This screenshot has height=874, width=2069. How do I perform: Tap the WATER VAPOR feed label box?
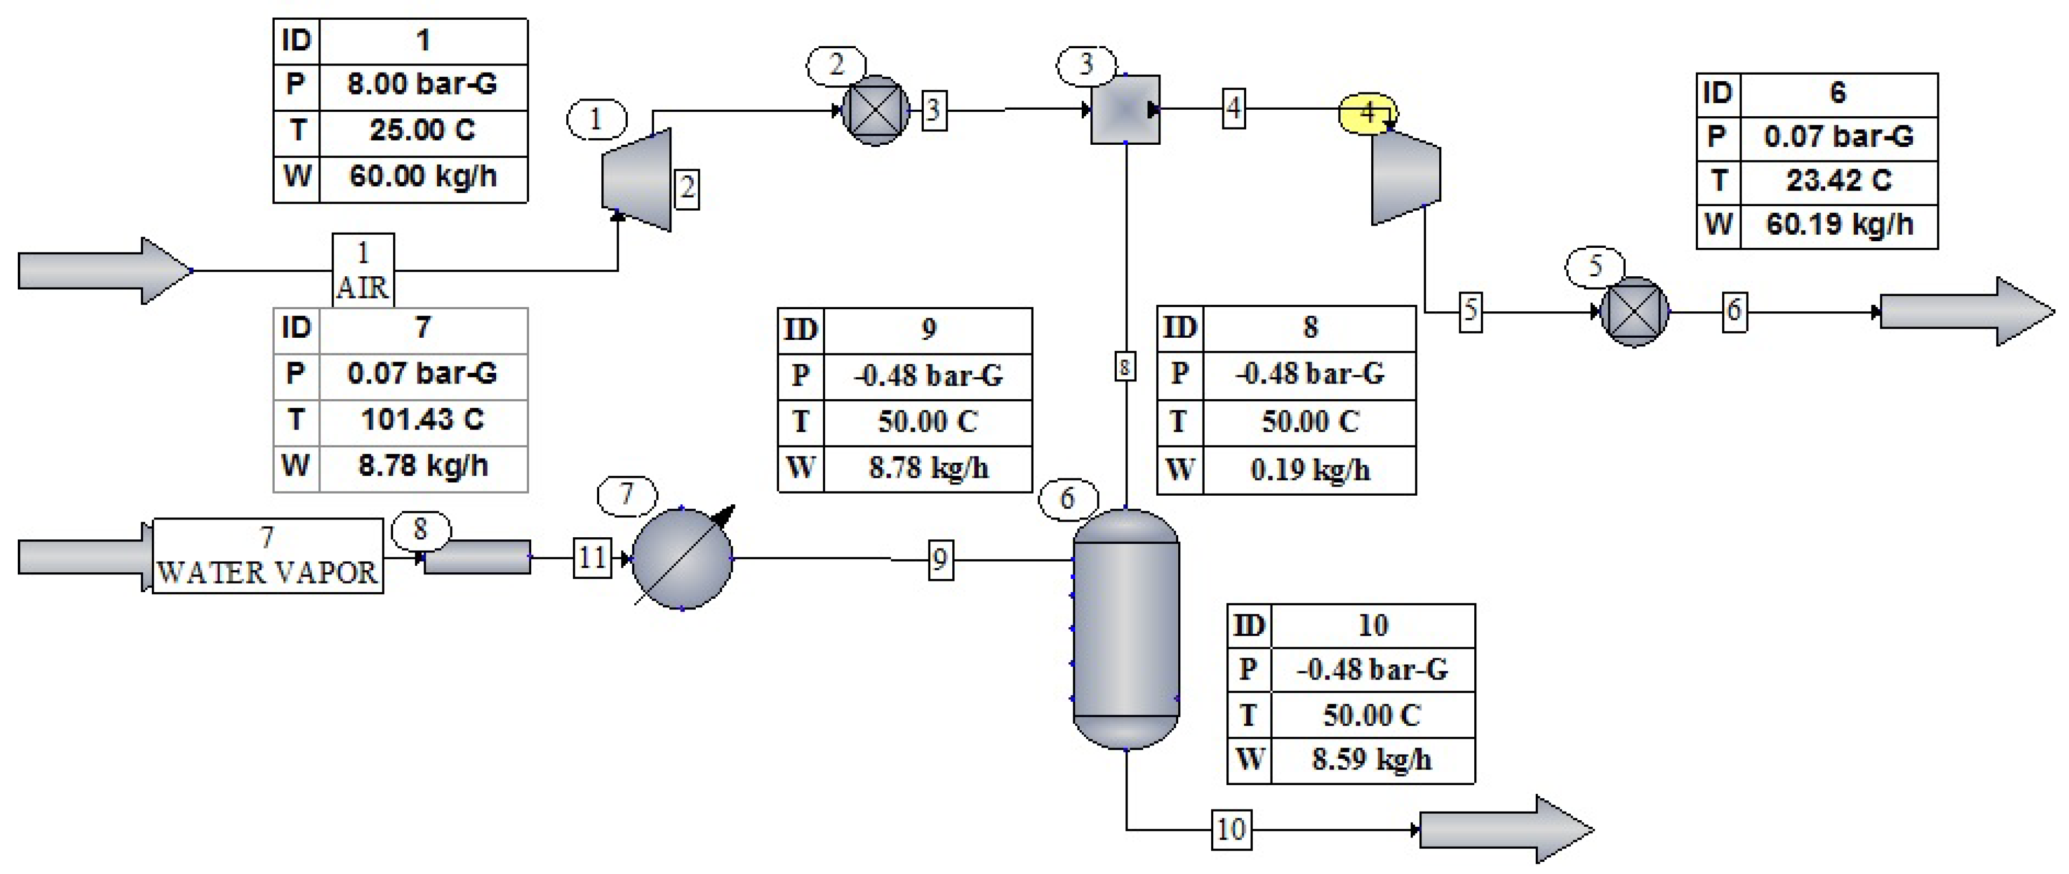coord(268,556)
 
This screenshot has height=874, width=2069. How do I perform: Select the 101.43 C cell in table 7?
coord(423,419)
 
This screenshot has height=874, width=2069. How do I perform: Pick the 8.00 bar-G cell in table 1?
coord(423,84)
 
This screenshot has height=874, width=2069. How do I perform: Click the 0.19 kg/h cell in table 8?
coord(1309,470)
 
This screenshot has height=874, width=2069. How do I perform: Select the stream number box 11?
coord(592,558)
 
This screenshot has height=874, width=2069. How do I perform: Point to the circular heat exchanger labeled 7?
coord(682,558)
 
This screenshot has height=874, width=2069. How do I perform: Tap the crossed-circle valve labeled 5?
coord(1634,312)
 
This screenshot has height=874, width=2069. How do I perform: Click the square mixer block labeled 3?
coord(1124,110)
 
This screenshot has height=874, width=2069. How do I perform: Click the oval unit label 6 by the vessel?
coord(1066,499)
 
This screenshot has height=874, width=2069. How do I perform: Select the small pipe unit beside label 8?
coord(477,557)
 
